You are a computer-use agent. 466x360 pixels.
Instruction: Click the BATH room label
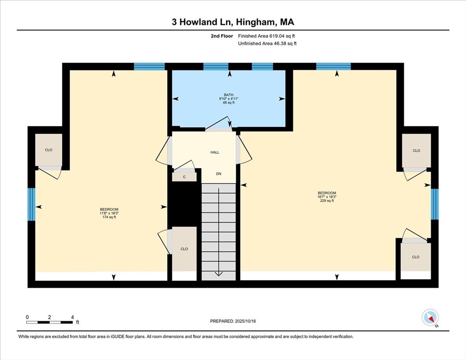[228, 95]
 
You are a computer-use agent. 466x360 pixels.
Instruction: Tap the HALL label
[215, 152]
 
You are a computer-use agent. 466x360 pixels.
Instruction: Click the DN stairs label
[218, 174]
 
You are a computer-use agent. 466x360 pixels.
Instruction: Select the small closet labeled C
[184, 177]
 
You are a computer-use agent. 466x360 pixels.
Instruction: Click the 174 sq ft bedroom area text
[109, 217]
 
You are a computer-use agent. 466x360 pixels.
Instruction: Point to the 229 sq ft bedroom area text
[327, 201]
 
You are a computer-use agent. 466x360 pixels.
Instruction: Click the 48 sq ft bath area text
[228, 103]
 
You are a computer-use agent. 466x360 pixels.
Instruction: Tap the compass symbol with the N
[429, 317]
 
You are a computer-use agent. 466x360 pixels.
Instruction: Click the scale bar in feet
[49, 322]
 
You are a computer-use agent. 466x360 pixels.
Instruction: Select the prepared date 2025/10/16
[233, 321]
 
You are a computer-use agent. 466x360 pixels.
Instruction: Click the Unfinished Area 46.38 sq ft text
[267, 43]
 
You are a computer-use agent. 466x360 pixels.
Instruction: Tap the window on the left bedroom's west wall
[31, 204]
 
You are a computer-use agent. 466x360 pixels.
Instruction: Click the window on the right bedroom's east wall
[435, 204]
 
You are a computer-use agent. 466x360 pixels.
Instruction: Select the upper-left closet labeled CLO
[49, 150]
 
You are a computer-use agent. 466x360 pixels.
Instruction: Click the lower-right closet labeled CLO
[416, 257]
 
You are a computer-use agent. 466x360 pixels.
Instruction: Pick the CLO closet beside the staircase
[184, 249]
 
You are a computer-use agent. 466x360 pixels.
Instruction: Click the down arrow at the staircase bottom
[219, 274]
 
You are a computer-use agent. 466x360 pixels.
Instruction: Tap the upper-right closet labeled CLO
[416, 150]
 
